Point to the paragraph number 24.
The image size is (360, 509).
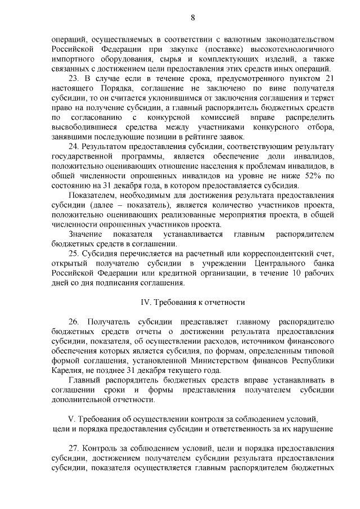click(x=75, y=146)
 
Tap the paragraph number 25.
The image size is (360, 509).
click(x=75, y=254)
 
